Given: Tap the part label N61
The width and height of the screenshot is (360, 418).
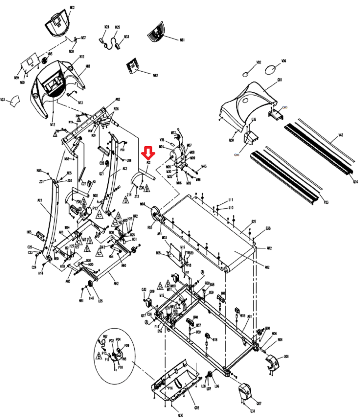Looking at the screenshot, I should pos(182,40).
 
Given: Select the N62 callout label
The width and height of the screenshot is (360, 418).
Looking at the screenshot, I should pos(155,76).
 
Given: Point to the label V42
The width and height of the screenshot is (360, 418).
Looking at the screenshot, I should pos(340,135).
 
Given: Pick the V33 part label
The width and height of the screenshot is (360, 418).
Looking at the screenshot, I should pos(326,202).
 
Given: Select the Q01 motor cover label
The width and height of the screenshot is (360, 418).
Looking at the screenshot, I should pos(280,80).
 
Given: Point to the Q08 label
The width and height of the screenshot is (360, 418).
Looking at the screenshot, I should pos(286,356).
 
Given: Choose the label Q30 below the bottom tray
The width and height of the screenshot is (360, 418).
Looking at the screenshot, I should pos(180,415).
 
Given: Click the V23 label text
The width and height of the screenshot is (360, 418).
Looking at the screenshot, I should pos(3,100).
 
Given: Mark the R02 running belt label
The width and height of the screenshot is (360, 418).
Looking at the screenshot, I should pos(267,267).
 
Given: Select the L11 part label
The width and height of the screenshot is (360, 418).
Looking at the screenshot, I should pos(231,200).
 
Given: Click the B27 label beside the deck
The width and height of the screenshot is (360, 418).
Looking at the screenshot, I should pos(254,222).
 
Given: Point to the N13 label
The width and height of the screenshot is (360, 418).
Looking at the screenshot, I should pos(81,102).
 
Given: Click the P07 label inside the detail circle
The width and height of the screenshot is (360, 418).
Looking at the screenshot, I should pos(105,336).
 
